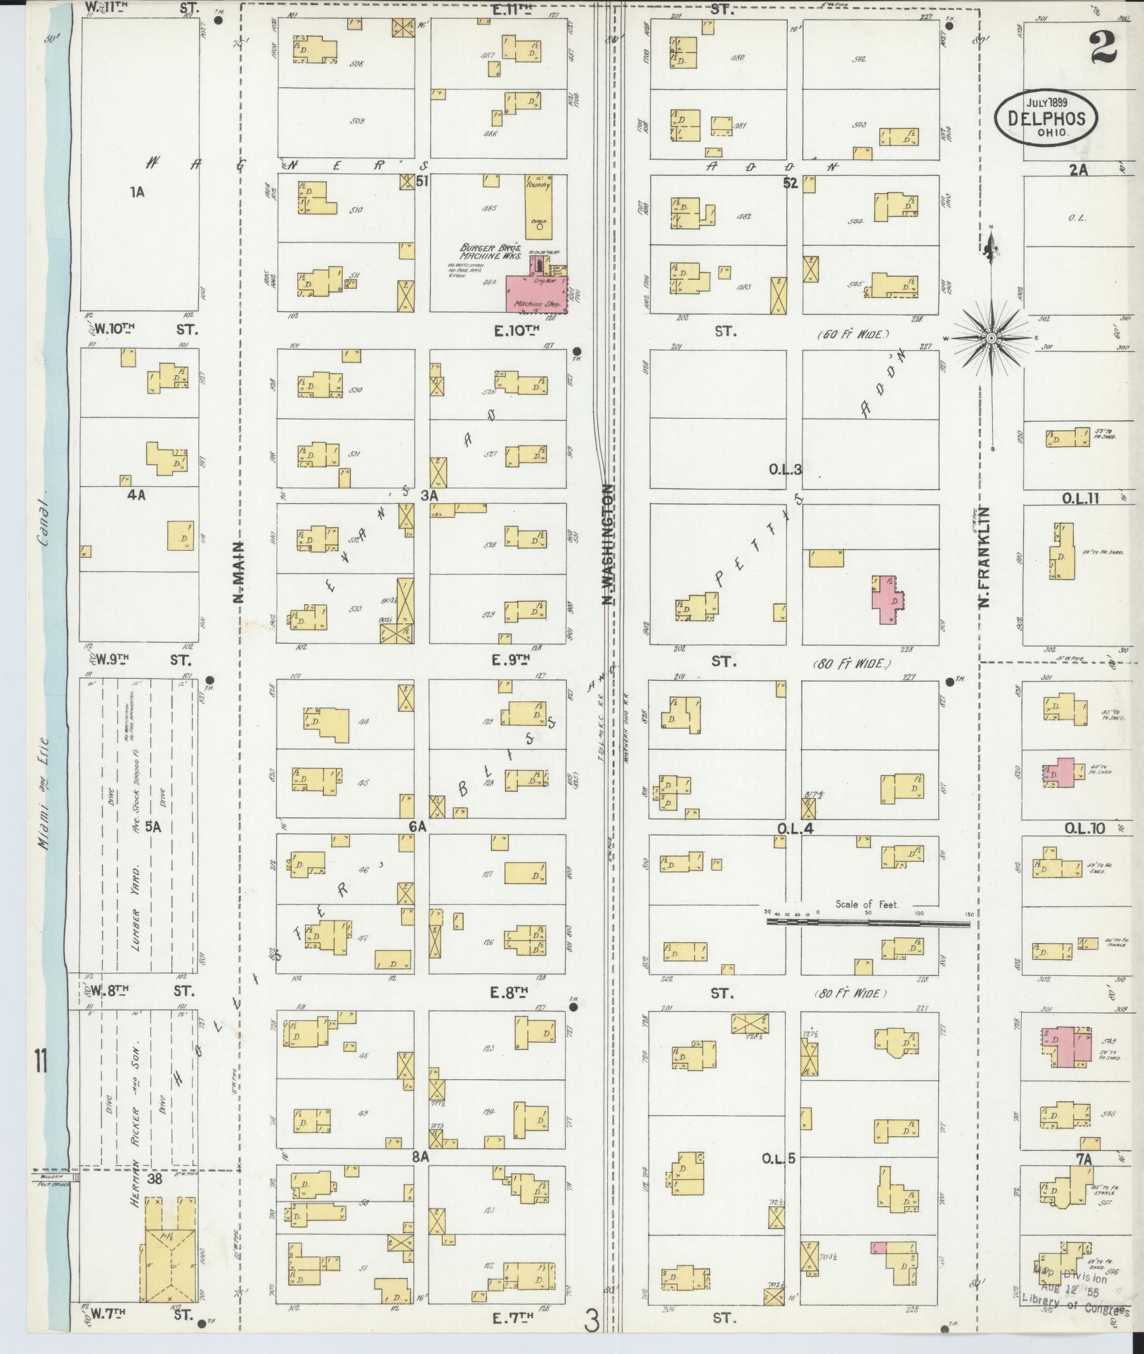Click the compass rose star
tap(991, 339)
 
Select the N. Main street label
tap(238, 572)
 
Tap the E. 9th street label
tap(510, 660)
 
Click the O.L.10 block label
tap(1084, 828)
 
